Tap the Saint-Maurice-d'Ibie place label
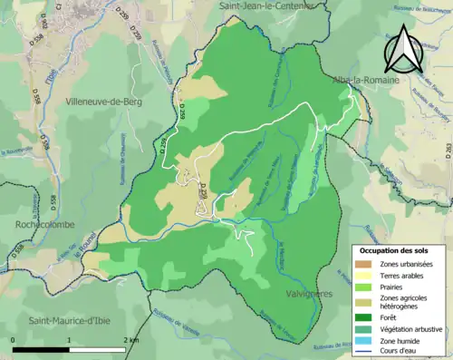[73, 320]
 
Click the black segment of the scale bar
[42, 349]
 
